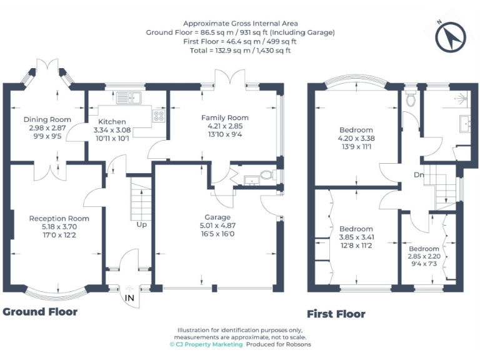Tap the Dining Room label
click(x=47, y=119)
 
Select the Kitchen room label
click(x=110, y=121)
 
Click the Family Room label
click(x=224, y=117)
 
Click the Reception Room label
click(x=59, y=218)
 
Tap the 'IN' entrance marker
click(x=130, y=297)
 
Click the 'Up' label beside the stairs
click(x=141, y=224)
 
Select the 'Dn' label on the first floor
click(x=419, y=175)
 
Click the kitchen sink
click(x=129, y=97)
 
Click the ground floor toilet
click(x=267, y=176)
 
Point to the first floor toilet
click(x=411, y=99)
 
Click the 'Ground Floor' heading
click(x=41, y=311)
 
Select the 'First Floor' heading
click(x=336, y=314)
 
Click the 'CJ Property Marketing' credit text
click(x=206, y=344)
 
